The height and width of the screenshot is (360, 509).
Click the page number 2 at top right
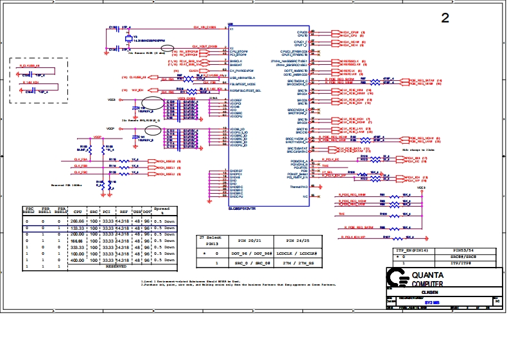coord(445,18)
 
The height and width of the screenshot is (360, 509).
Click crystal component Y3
coord(128,39)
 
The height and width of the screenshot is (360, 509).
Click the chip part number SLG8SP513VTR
coord(243,209)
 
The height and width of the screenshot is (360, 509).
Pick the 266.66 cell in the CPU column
coord(77,221)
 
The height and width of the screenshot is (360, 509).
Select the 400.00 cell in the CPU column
coord(77,260)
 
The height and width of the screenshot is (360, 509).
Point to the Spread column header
coord(162,210)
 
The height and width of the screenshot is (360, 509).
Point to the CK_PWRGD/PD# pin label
coord(241,70)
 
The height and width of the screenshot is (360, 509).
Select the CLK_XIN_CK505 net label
coord(204,28)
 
